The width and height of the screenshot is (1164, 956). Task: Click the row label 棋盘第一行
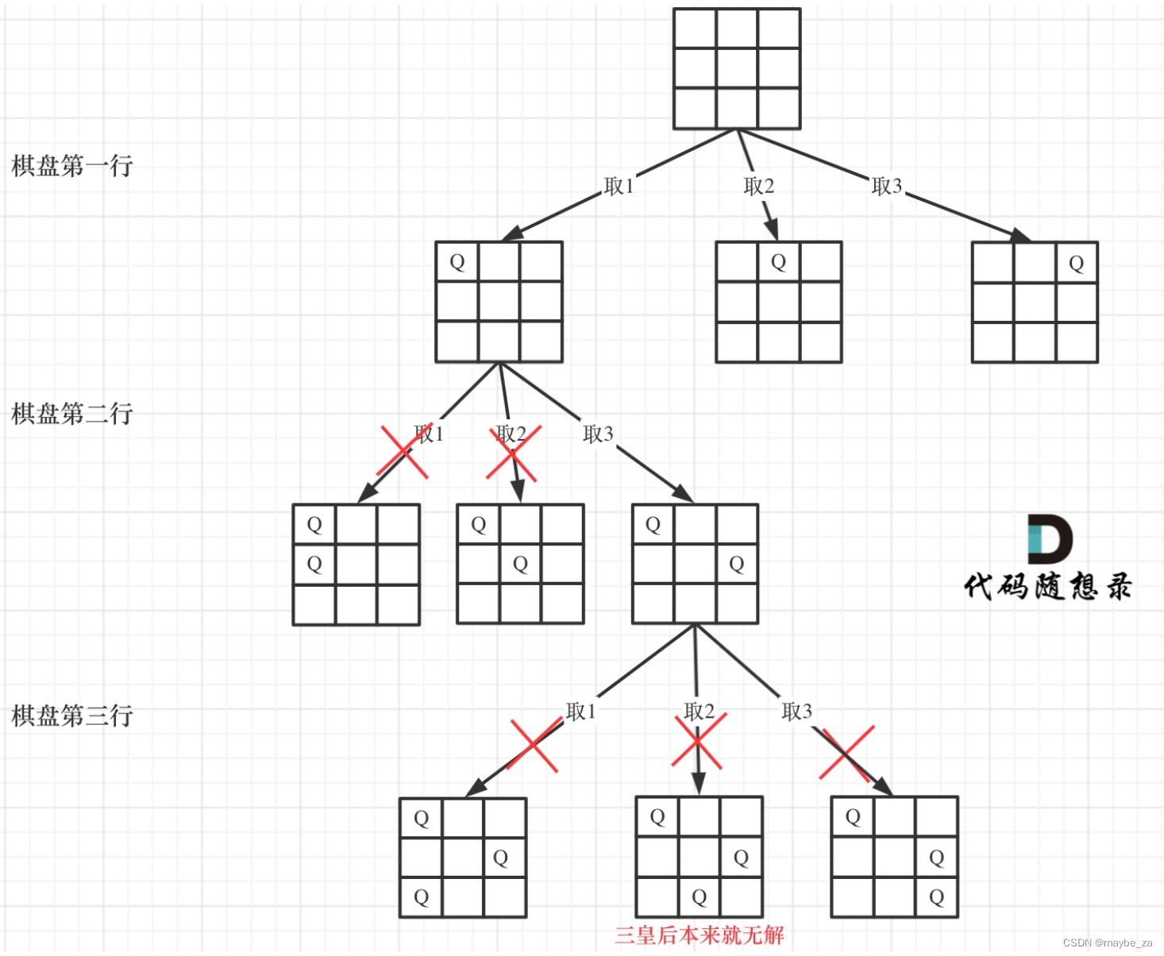(x=71, y=166)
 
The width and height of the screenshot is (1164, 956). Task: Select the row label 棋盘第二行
(x=71, y=414)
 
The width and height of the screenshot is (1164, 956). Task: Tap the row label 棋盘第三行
(x=71, y=716)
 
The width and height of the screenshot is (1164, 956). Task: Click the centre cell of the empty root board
(x=737, y=68)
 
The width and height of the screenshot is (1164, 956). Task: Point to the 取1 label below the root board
(x=619, y=186)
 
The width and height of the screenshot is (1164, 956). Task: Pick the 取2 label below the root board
(x=758, y=186)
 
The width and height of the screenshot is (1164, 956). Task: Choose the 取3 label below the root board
(x=886, y=186)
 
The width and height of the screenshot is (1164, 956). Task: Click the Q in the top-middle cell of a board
(x=778, y=262)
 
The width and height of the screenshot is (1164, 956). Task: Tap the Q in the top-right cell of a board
(x=1076, y=264)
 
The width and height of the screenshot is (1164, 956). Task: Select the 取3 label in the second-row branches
(x=598, y=434)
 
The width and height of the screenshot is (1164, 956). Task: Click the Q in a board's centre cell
(x=520, y=564)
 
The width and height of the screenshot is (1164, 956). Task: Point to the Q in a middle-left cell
(x=314, y=564)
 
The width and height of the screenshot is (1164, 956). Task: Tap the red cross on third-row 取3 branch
(x=847, y=753)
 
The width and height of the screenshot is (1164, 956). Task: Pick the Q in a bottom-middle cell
(x=699, y=897)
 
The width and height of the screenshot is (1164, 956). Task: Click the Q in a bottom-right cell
(x=936, y=897)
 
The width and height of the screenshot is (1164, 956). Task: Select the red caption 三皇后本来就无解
(x=699, y=935)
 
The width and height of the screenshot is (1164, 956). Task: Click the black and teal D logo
(x=1049, y=538)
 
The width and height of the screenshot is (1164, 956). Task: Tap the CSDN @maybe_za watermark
(x=1107, y=943)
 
